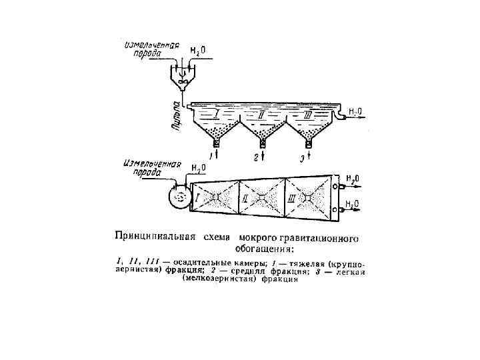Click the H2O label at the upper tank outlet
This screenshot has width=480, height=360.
click(x=355, y=111)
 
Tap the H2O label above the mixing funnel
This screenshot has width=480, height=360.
click(x=198, y=51)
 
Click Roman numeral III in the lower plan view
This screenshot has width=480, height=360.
click(x=292, y=199)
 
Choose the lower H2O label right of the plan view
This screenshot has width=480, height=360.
click(x=353, y=203)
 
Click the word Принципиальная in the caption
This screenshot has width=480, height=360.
click(x=154, y=236)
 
